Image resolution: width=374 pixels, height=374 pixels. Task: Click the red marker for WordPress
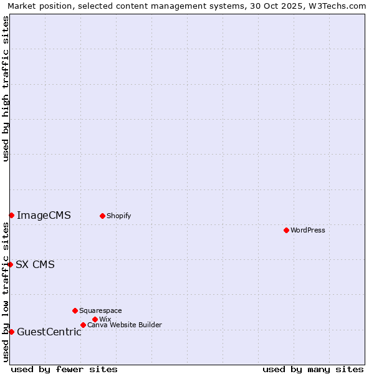(x=286, y=230)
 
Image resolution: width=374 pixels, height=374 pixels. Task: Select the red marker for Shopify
(x=102, y=216)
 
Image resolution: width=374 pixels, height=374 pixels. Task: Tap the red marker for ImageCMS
(x=11, y=215)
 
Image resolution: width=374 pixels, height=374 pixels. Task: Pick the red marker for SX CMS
(x=10, y=264)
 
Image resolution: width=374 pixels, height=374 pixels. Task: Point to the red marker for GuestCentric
(x=11, y=332)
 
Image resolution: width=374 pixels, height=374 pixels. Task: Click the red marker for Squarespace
(x=75, y=310)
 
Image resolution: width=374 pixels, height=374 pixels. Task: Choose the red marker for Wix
(x=95, y=319)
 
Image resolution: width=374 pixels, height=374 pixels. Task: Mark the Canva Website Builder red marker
(x=83, y=325)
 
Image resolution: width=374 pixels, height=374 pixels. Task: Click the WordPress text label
(x=308, y=230)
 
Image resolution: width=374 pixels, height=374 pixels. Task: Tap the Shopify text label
(x=118, y=216)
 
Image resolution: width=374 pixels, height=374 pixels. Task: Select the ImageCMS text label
(x=44, y=216)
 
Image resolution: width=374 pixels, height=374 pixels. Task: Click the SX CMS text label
(x=35, y=264)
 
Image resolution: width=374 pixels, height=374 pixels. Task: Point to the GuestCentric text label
(x=49, y=332)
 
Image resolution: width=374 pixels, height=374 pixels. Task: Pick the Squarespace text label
(x=100, y=310)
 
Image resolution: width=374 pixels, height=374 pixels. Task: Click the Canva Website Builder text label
(x=125, y=325)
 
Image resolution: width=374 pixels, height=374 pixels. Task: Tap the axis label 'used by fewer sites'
(x=64, y=369)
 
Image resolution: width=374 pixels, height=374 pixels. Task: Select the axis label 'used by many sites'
(x=313, y=369)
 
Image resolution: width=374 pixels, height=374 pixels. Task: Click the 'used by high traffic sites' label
(x=6, y=89)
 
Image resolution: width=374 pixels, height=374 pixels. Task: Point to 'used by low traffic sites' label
(x=6, y=292)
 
